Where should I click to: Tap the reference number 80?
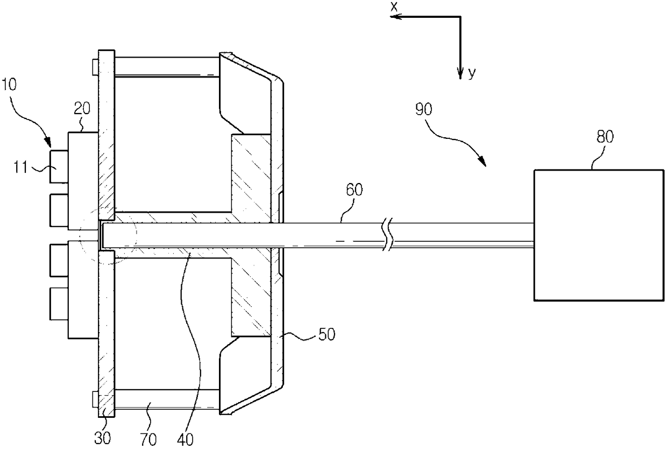pyautogui.click(x=601, y=136)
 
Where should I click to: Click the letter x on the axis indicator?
pyautogui.click(x=393, y=6)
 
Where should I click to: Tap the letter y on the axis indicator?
pyautogui.click(x=472, y=74)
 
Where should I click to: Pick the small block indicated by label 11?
pyautogui.click(x=58, y=166)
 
